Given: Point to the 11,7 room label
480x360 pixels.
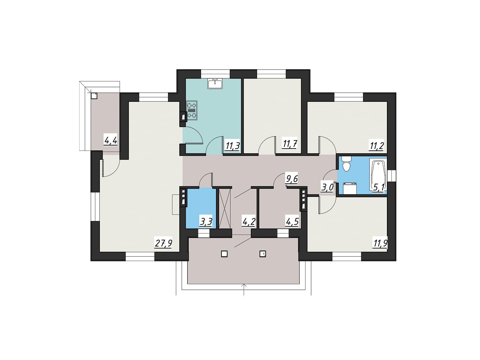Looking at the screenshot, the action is (289, 144).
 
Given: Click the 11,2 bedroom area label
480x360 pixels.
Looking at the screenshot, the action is (376, 145).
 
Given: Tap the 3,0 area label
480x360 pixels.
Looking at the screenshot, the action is (327, 188).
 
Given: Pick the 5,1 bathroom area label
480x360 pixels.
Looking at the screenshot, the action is (379, 188).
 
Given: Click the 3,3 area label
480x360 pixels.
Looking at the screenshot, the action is (206, 222).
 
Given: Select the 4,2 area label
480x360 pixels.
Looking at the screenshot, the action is (249, 222).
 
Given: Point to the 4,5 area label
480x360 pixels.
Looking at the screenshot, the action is (292, 222).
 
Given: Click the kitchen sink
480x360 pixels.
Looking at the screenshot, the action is (215, 84).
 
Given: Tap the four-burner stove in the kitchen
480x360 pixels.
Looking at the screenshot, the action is (192, 110).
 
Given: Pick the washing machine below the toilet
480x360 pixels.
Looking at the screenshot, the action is (350, 188).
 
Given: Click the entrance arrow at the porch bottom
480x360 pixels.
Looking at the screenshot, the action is (244, 289).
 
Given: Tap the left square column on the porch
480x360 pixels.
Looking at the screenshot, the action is (224, 254).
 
